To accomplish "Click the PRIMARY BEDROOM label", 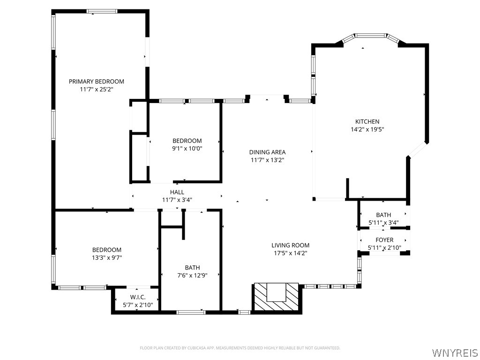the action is [97, 82].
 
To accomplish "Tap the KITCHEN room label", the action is [367, 121].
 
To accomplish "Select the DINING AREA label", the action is [267, 152].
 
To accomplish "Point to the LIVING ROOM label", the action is [290, 245].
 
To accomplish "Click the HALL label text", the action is [177, 192].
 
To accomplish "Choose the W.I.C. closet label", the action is [138, 297].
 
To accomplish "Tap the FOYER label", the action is [384, 240].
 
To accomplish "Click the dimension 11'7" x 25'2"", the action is [97, 90].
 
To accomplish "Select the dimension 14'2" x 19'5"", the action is [367, 129].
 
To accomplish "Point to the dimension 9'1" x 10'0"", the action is [187, 149].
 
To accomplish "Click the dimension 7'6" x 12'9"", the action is [192, 276].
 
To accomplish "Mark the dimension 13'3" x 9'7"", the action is [107, 258].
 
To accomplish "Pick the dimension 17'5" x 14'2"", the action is [290, 253].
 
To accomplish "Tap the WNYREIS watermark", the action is [455, 352].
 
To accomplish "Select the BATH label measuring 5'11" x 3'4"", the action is [383, 215].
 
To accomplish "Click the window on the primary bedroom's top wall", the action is [102, 11].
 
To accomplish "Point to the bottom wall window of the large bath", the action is [191, 312].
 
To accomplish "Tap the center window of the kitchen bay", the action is [370, 36].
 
